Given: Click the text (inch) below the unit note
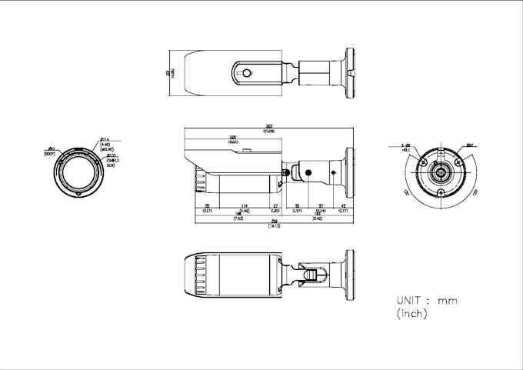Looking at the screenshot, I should (411, 314).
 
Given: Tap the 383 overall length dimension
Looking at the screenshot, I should (269, 128).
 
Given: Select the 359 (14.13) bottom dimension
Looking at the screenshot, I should (273, 225).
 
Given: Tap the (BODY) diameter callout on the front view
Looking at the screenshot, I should (51, 152).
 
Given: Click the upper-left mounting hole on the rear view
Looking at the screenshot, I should (422, 162).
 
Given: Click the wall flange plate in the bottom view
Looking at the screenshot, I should (350, 275).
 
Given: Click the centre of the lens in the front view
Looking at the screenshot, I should (78, 172).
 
